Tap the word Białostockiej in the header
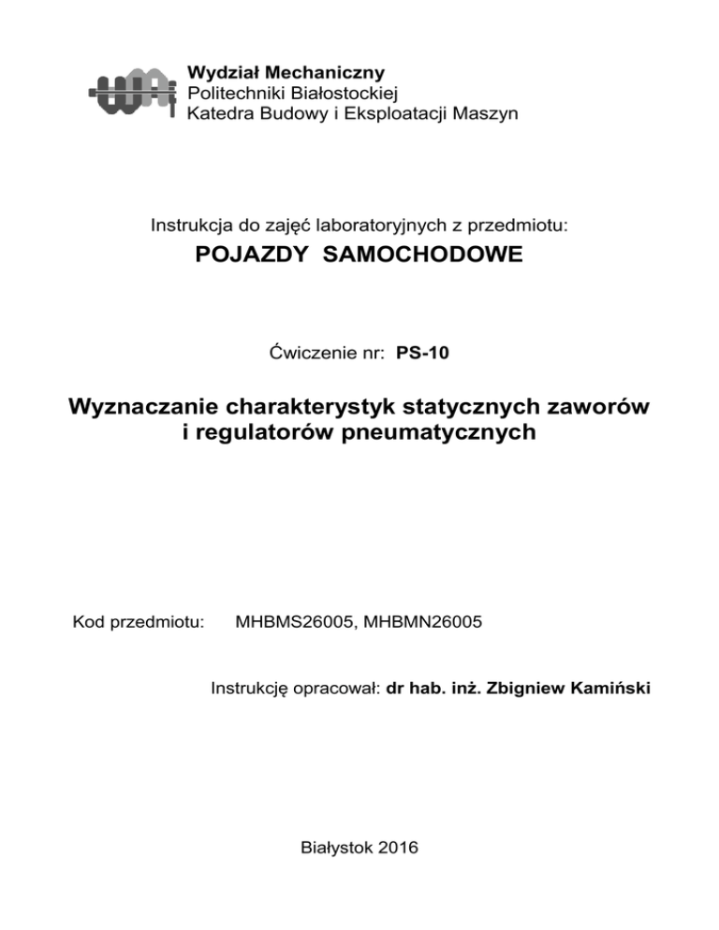346,93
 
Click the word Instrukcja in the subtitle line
190,225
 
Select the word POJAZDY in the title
248,256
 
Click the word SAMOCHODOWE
416,256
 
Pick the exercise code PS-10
436,353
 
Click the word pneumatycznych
442,433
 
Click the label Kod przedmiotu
139,620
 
